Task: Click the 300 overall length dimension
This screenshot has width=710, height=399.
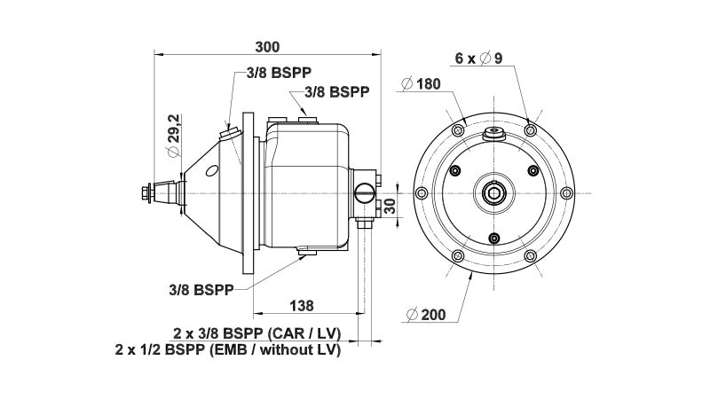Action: click(x=268, y=47)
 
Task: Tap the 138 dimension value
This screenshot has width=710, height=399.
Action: click(x=301, y=306)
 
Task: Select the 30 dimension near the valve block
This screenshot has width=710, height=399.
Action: click(x=390, y=206)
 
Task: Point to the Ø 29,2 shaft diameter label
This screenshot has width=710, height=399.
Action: click(x=173, y=136)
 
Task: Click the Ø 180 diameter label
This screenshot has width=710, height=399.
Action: click(x=421, y=83)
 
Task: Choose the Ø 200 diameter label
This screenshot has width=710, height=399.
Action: click(x=426, y=315)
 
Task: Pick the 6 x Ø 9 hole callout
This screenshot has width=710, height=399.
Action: click(x=478, y=59)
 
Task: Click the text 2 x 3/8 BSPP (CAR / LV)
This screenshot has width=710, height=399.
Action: click(x=256, y=334)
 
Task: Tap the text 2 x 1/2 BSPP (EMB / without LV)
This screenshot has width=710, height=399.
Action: click(x=228, y=349)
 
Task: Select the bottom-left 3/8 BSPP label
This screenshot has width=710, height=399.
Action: click(x=201, y=290)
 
